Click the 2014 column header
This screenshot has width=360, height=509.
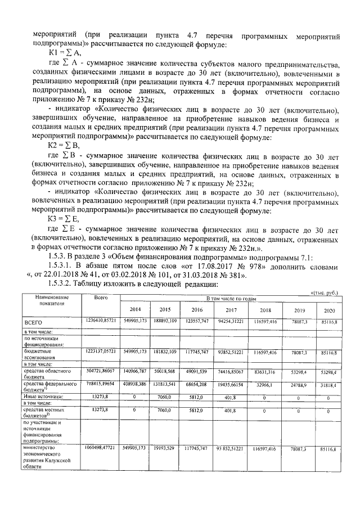[135, 309]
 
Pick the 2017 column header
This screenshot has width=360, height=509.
[232, 309]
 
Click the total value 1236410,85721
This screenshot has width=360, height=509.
[101, 320]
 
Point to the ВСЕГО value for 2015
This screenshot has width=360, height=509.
[165, 320]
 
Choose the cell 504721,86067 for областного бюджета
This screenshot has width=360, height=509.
[101, 372]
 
